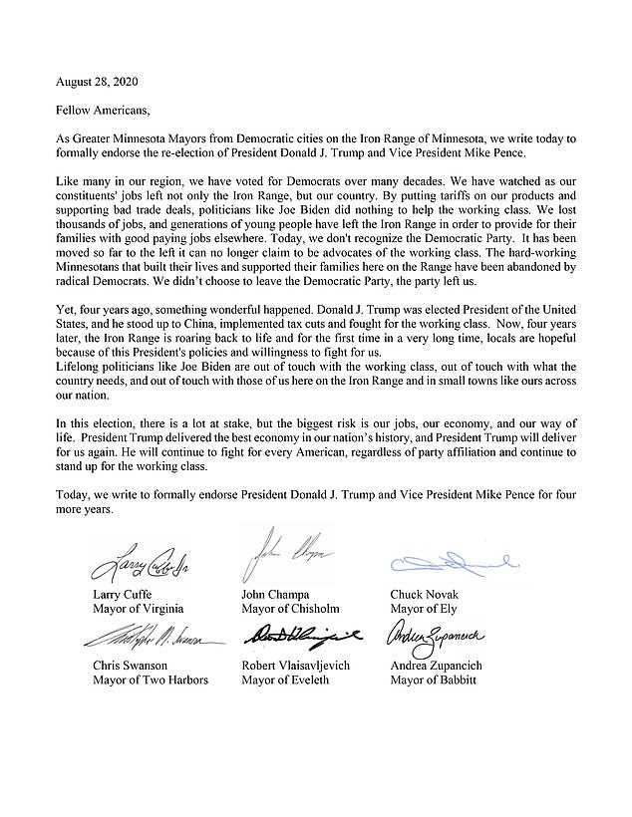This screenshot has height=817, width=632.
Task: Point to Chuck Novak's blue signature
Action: click(449, 565)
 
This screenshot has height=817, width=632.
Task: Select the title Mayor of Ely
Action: click(423, 608)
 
